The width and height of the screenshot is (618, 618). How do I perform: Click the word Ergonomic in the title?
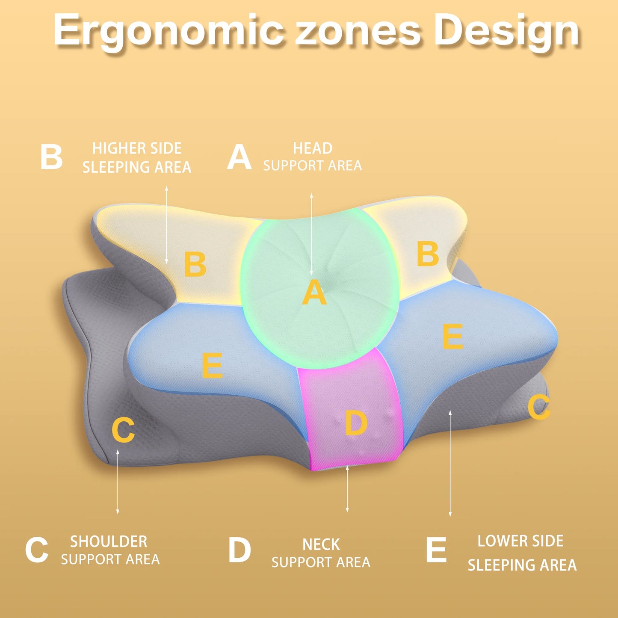point(169,31)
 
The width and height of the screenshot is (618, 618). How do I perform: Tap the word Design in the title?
point(507,31)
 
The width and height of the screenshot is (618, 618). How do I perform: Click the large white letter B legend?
point(51,157)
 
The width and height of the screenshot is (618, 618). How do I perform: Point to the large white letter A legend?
point(239,157)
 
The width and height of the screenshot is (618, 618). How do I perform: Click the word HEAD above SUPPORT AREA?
point(313,148)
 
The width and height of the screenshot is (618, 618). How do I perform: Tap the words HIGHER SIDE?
point(137,148)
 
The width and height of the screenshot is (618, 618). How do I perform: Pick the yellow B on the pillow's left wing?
point(195,264)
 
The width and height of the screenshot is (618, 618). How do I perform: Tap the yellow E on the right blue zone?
point(452,336)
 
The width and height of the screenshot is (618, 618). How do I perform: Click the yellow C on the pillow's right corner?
point(539,407)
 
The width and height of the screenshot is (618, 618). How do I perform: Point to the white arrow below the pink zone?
point(347,489)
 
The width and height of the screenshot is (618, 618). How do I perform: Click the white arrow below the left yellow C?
point(118,482)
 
